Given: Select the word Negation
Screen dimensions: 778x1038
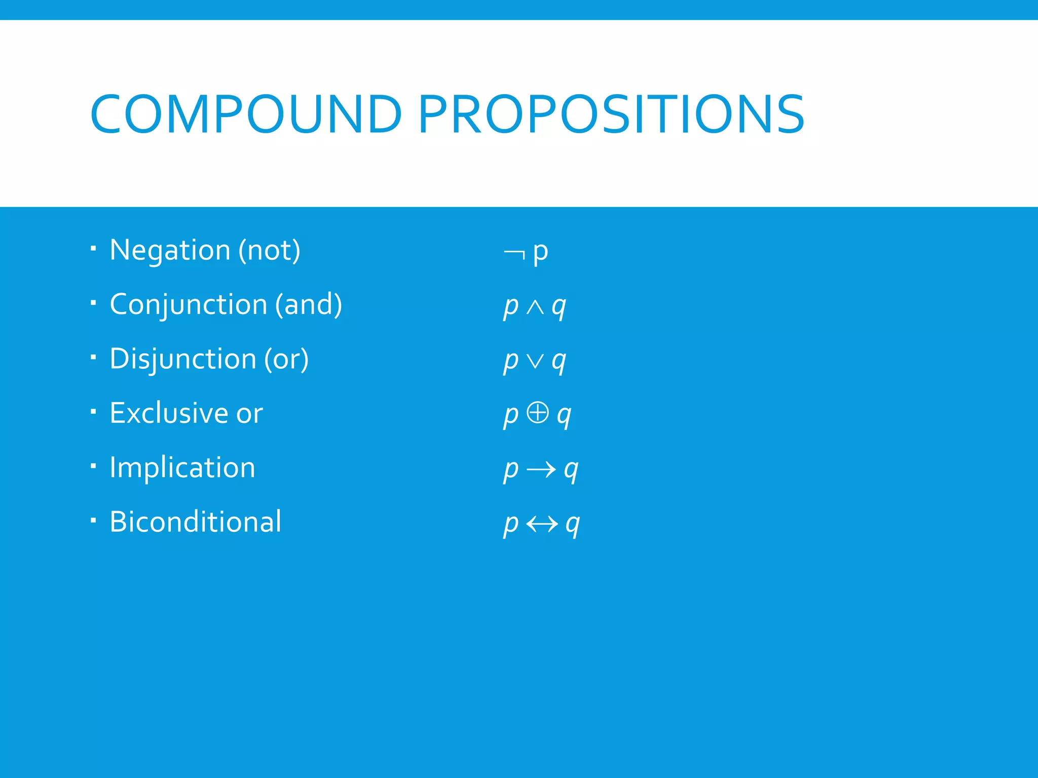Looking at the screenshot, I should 170,250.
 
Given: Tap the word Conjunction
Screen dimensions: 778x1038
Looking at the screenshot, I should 188,304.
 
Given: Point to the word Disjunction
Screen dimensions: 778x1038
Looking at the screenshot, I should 182,359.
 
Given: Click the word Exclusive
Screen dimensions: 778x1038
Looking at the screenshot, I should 169,413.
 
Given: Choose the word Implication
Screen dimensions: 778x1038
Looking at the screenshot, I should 182,468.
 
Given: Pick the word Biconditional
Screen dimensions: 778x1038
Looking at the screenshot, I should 195,522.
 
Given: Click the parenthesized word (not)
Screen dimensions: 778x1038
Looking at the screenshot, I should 270,250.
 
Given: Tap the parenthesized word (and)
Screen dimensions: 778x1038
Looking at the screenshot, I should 309,304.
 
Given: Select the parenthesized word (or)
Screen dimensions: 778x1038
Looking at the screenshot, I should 286,359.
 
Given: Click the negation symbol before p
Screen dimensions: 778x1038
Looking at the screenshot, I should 514,253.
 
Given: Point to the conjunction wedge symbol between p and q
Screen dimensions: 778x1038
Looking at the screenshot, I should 535,307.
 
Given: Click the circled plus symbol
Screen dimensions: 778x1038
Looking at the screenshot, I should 538,412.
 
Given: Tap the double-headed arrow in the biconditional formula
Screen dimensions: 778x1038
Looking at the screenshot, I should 542,524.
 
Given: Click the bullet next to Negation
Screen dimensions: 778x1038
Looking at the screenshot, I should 93,248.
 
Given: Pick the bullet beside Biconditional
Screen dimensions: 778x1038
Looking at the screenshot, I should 93,520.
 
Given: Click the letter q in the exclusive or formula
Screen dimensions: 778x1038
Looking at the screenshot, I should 564,415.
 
